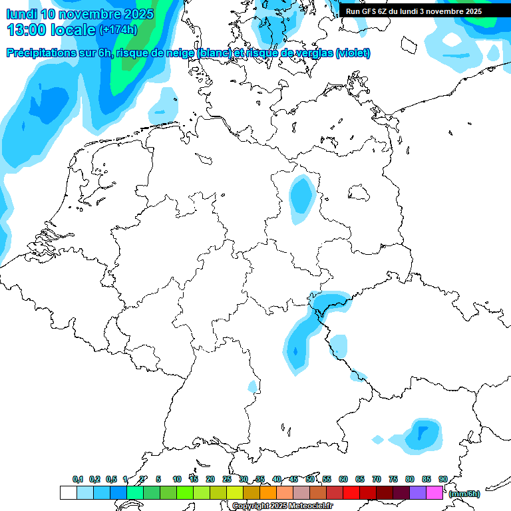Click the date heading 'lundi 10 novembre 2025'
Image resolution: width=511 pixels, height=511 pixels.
click(80, 14)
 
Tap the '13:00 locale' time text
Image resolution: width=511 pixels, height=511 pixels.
click(51, 30)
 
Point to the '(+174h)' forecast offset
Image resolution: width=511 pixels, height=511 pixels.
click(118, 30)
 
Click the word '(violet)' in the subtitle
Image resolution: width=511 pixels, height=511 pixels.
click(353, 53)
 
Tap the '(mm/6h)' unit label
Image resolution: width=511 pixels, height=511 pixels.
click(464, 494)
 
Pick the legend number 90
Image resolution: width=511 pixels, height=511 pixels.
click(442, 479)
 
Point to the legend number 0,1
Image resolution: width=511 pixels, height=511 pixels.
click(78, 479)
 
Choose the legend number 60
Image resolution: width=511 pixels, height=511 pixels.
click(343, 479)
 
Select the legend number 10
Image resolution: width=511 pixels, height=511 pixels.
click(177, 479)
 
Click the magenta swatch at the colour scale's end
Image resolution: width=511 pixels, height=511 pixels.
click(434, 493)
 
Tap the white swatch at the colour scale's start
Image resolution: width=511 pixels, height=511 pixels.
click(68, 493)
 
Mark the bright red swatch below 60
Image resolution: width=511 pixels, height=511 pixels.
click(351, 493)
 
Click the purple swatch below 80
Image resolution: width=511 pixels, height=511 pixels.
click(418, 493)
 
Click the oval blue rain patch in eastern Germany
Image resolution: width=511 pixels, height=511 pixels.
click(302, 197)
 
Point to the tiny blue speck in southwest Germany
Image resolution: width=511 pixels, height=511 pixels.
click(253, 386)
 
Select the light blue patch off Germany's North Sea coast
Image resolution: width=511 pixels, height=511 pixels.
click(163, 103)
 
